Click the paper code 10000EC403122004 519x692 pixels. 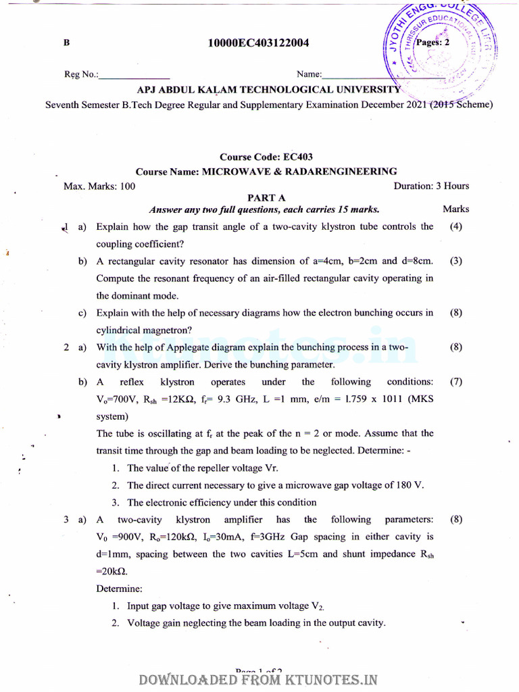tap(259, 43)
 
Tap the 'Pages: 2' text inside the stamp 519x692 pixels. tap(437, 42)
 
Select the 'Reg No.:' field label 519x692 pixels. tap(81, 74)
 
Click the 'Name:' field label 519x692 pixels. tap(310, 74)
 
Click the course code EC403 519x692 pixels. tap(298, 157)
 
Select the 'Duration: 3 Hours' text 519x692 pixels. tap(430, 186)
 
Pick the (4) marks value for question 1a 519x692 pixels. tap(455, 227)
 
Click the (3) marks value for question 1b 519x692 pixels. tap(455, 261)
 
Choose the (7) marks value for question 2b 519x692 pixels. tap(455, 382)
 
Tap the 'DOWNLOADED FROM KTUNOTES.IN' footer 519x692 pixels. tap(258, 680)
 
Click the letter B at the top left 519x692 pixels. tap(67, 43)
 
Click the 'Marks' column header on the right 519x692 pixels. tap(455, 209)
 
